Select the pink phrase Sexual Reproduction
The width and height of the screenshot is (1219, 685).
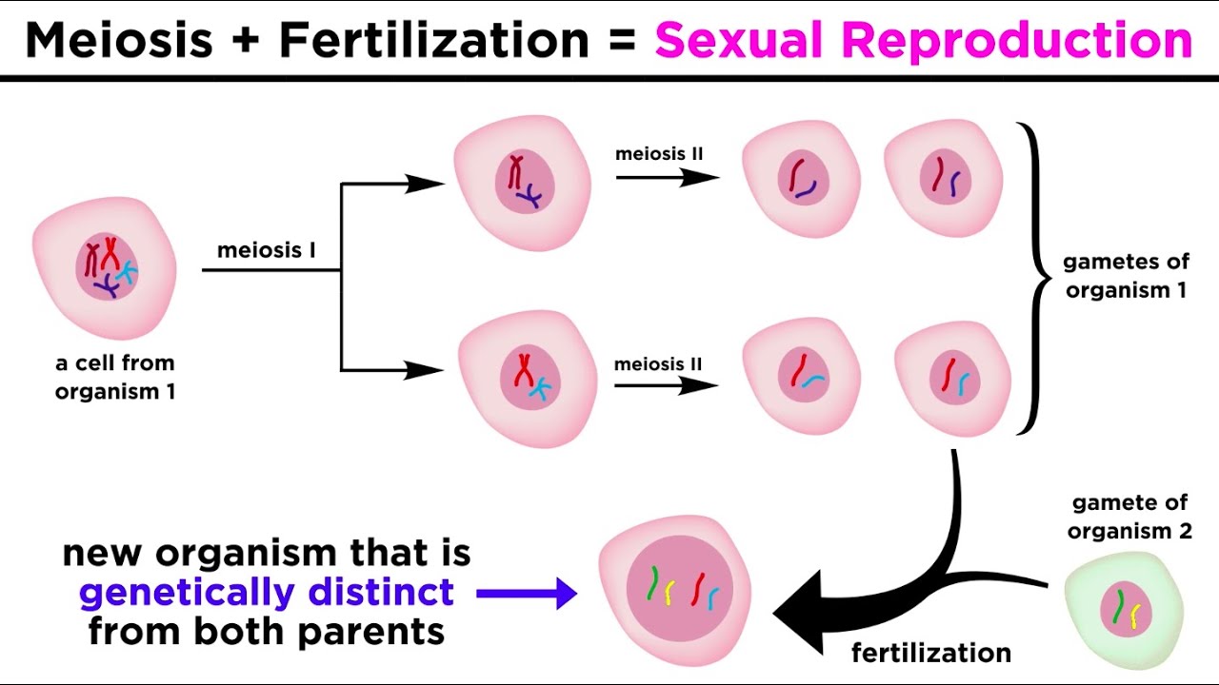click(923, 40)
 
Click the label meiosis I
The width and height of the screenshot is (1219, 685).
click(267, 251)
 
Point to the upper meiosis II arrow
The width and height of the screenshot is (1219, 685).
click(667, 177)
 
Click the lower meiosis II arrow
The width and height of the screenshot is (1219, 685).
click(666, 385)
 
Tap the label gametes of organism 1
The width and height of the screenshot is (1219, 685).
click(1125, 276)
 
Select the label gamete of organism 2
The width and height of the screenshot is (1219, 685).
click(1130, 517)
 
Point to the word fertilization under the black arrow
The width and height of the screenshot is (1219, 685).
click(930, 653)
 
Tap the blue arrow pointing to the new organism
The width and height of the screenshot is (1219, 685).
click(526, 595)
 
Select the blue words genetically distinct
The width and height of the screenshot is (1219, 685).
click(266, 593)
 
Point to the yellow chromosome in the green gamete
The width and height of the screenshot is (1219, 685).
click(1135, 617)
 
